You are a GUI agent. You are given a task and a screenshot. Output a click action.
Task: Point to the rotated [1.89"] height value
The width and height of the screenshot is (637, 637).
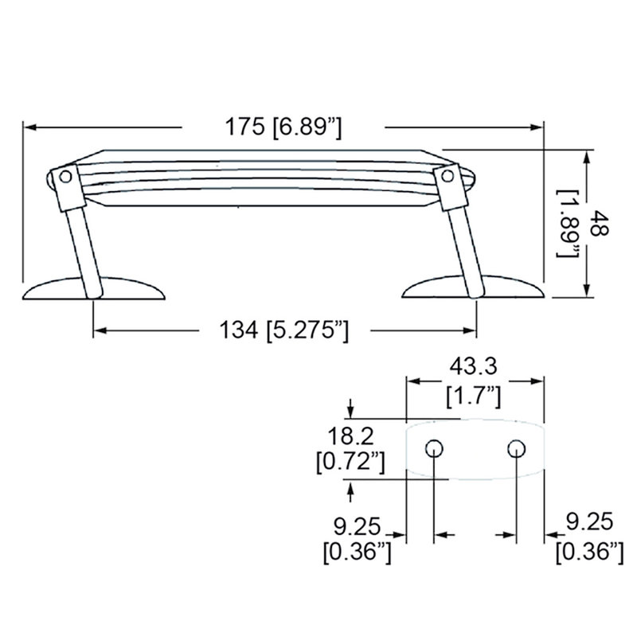tap(569, 224)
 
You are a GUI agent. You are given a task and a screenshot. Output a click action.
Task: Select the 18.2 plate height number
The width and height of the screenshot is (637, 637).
tap(351, 436)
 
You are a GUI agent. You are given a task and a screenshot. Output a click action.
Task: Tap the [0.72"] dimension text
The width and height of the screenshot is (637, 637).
tap(351, 461)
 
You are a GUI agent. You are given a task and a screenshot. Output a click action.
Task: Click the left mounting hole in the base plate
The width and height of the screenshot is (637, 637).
tap(435, 447)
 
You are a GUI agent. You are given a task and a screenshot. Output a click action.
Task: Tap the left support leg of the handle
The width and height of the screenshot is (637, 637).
tap(84, 247)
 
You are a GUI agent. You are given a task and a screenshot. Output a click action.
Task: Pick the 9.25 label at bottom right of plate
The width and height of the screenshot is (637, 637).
tap(589, 522)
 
